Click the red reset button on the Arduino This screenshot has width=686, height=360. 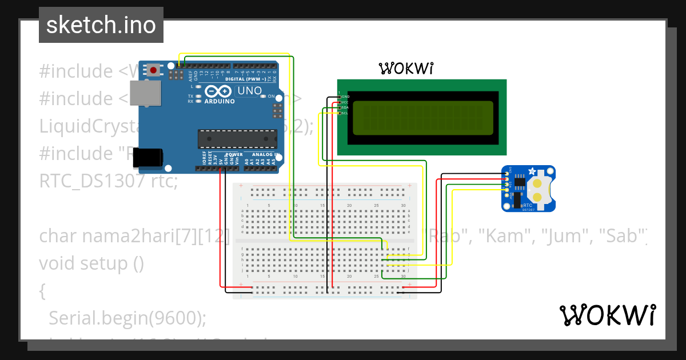154,70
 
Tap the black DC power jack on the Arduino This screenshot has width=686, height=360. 147,158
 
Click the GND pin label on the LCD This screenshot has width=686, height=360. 345,97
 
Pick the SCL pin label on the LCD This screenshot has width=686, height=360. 345,113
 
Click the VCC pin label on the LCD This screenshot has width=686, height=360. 345,102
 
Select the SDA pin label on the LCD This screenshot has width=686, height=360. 345,107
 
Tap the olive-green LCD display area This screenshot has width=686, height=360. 422,117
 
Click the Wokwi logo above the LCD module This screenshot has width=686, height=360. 406,69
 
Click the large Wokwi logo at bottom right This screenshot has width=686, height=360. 607,315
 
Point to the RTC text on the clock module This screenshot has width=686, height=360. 528,205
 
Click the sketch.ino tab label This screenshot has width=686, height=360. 101,25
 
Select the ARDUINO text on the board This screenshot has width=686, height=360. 220,101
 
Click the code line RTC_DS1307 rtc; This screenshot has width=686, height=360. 109,181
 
